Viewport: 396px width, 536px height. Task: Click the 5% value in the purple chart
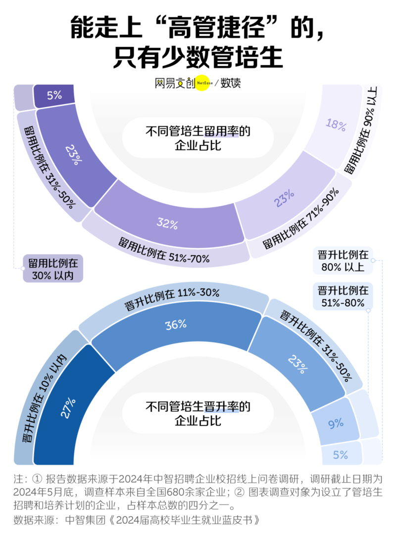(54, 95)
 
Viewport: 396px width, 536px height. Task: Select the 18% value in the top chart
(336, 125)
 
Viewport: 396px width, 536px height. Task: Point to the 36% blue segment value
(176, 324)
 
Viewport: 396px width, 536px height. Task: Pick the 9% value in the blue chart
(336, 423)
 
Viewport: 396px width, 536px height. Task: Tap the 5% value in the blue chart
(341, 455)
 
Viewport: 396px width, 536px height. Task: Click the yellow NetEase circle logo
(204, 83)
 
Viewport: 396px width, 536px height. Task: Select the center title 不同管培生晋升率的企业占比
(198, 414)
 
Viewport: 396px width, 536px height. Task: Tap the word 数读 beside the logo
(230, 83)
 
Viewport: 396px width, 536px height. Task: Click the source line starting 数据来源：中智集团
(137, 520)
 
